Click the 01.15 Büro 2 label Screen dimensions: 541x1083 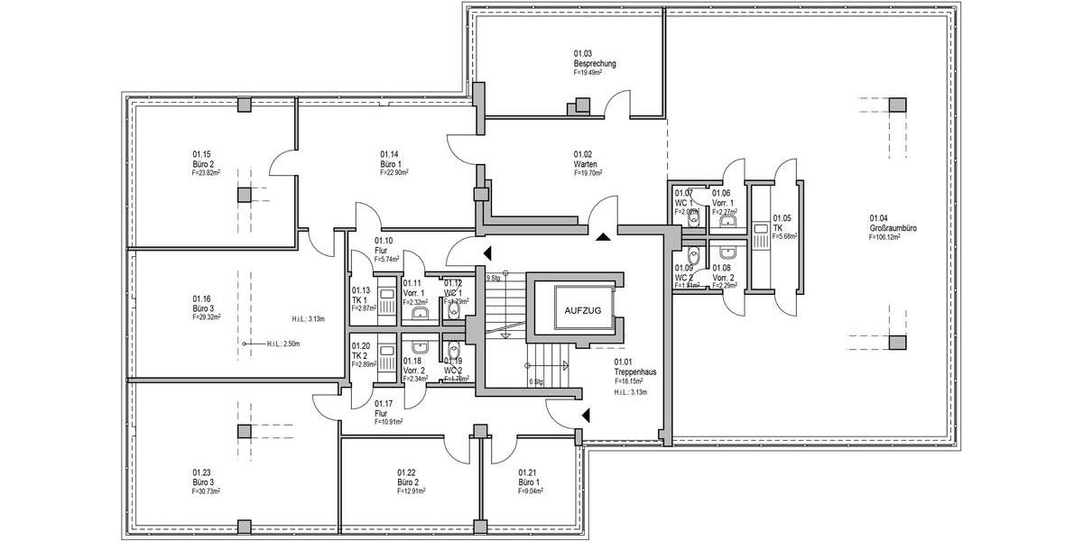tap(205, 163)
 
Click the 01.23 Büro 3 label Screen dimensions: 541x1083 tap(205, 481)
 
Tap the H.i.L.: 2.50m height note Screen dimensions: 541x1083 tap(282, 344)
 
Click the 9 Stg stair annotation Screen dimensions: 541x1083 tap(493, 279)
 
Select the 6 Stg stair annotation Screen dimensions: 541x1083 tap(536, 381)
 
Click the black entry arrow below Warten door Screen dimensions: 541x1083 tap(602, 236)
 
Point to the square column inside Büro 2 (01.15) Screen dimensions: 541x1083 tap(244, 195)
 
